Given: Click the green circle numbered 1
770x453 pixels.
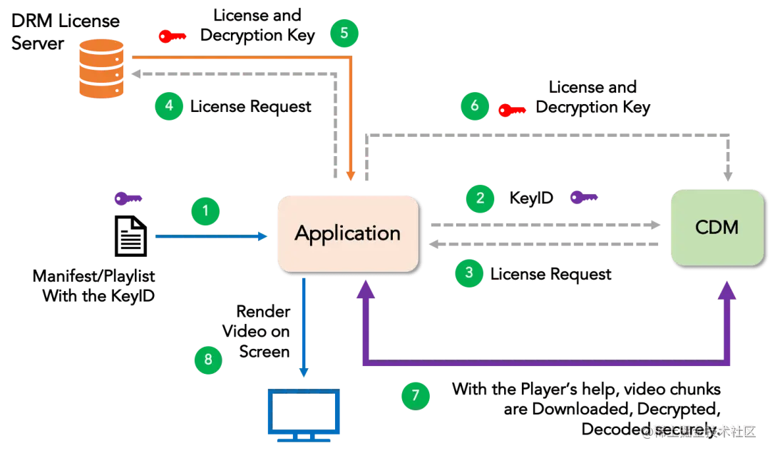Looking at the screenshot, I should click(205, 211).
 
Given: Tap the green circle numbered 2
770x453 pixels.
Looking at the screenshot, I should click(480, 198).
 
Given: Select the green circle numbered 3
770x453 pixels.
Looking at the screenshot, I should click(468, 273).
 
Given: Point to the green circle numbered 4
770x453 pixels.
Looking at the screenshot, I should click(168, 106).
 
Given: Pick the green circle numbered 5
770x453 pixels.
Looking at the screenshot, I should click(344, 33).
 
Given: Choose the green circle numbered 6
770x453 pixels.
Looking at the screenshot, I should click(474, 106).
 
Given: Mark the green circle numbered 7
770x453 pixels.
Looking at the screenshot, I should click(416, 395).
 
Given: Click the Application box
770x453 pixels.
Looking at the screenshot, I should click(347, 233).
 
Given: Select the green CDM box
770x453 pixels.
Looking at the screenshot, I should click(717, 228).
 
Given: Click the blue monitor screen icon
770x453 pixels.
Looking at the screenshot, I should click(303, 413).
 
